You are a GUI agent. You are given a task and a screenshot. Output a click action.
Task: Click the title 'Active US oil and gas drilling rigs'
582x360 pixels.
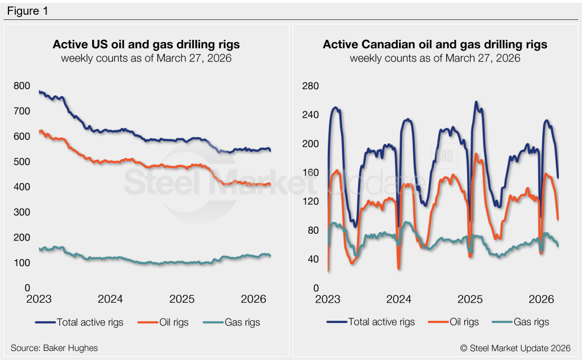coord(146,44)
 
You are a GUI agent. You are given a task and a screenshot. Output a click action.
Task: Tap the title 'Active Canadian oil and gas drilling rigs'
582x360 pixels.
coord(435,44)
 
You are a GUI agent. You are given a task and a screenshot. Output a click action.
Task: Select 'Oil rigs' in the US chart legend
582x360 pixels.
coord(171,322)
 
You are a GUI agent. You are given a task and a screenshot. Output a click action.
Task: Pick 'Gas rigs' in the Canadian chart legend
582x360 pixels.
coord(531,322)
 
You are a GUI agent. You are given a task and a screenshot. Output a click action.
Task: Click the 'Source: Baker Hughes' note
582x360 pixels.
coord(50,347)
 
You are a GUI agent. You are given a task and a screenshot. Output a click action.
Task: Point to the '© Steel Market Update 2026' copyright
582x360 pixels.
coord(522,347)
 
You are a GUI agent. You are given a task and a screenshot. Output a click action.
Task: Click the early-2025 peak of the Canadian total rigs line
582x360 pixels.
coord(476,102)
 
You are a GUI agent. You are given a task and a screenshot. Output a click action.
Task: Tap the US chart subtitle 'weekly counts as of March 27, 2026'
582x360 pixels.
coord(146,58)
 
